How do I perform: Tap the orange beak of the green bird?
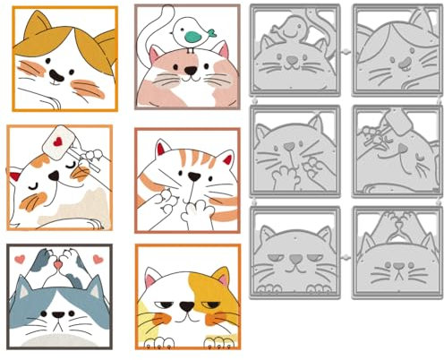pos(215,33)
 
